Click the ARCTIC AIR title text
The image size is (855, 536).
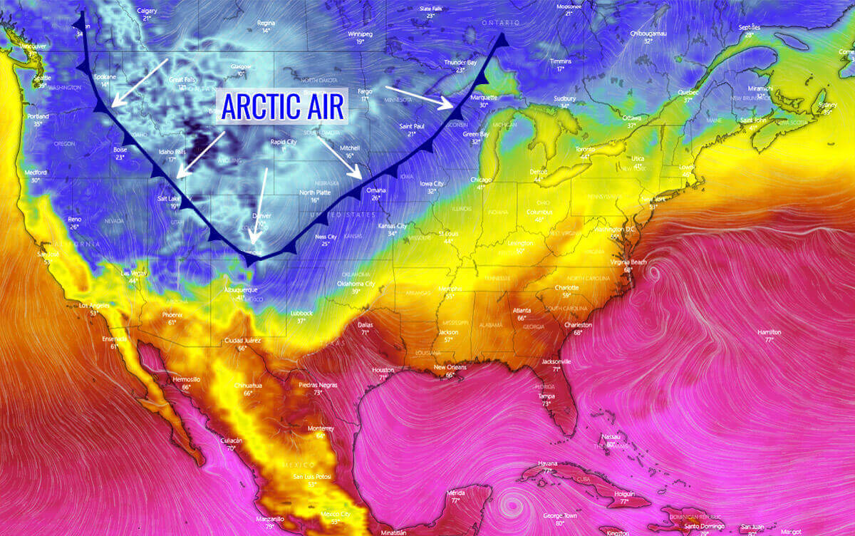283,106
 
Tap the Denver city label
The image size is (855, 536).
261,215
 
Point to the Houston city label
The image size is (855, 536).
383,370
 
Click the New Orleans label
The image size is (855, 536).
450,367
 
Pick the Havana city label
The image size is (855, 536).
547,462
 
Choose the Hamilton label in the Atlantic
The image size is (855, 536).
769,332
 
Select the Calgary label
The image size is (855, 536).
146,10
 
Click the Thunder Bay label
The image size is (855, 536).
460,62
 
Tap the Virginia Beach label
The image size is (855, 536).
628,262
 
